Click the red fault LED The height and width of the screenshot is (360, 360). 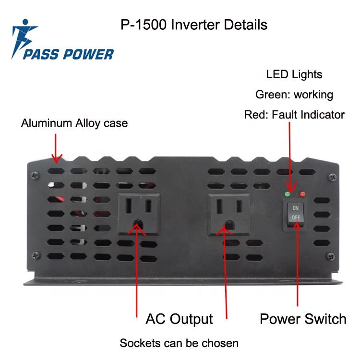coord(302,194)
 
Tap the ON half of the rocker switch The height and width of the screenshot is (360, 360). coord(295,209)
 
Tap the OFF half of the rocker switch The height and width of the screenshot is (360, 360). coord(295,217)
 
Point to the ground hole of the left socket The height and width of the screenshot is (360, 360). coord(139,223)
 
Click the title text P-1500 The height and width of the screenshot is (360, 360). coord(143,24)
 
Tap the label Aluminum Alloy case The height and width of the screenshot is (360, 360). coord(74,123)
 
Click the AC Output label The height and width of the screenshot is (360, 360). coord(179,319)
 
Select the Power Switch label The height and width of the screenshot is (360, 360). coord(303,319)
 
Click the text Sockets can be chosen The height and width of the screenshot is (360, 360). coord(179,343)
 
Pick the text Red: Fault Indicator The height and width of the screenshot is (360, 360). coord(294,115)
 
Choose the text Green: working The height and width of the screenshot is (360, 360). coord(294,95)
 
